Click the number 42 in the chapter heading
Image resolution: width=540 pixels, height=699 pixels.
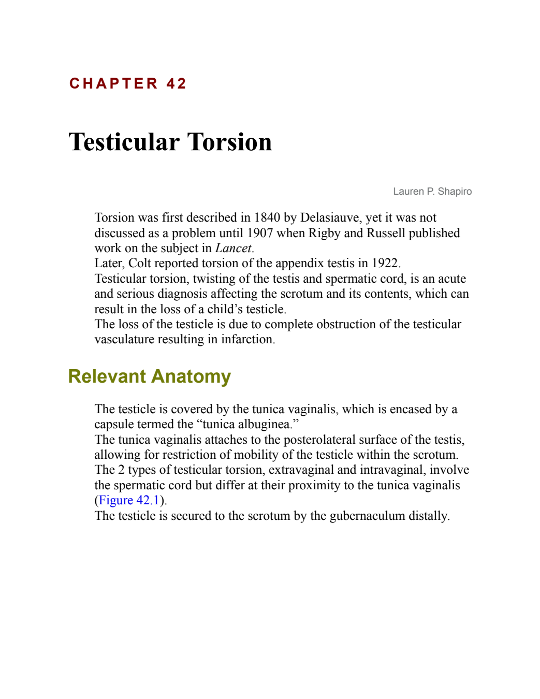coord(176,84)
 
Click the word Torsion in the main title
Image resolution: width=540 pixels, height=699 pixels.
coord(229,142)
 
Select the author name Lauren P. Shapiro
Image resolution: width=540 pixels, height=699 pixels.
coord(432,192)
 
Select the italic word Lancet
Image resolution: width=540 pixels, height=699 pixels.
coord(233,248)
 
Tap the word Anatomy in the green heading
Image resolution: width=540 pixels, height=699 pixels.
coord(191,376)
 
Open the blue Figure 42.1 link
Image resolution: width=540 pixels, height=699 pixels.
coord(128,500)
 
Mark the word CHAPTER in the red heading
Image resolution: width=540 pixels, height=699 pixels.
coord(113,84)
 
